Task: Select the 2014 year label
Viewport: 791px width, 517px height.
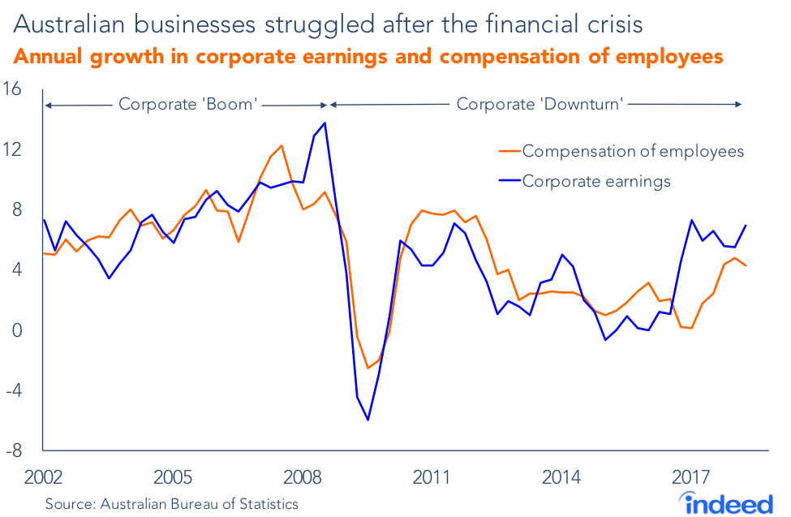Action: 561,476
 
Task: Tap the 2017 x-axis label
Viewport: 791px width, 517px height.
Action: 692,476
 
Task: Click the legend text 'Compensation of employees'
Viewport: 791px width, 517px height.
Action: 633,151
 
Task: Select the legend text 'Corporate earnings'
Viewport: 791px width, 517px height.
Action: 596,181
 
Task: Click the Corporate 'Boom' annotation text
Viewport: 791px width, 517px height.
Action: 188,105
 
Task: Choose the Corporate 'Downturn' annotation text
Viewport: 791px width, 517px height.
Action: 540,105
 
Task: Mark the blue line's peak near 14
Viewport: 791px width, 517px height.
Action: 325,123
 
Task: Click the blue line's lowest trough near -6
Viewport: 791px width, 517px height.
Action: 368,420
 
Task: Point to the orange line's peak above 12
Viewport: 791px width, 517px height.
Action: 281,146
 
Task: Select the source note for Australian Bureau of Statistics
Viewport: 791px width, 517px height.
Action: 172,504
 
